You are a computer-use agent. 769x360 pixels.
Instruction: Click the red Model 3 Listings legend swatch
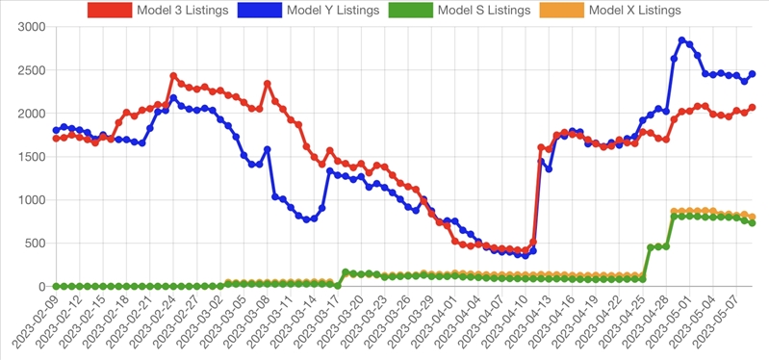click(110, 10)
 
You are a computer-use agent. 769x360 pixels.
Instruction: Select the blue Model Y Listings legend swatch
click(260, 10)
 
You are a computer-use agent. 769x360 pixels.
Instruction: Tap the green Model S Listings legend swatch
click(411, 10)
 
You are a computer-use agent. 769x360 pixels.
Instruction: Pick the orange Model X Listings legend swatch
click(562, 10)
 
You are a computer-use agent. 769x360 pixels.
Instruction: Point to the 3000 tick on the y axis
click(32, 27)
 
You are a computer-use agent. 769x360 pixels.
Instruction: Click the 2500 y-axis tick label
click(32, 70)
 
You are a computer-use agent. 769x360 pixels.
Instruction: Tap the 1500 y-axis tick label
click(32, 157)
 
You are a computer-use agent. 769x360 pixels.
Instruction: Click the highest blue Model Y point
click(681, 40)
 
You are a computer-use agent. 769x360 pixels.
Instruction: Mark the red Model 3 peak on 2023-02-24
click(173, 75)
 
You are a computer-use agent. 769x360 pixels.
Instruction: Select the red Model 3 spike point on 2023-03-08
click(268, 84)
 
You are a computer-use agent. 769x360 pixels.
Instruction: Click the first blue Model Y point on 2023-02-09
click(56, 130)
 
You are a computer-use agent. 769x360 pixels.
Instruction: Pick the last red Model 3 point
click(752, 107)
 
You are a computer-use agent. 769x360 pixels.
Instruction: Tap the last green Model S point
click(752, 222)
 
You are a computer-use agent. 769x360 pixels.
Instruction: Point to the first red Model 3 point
click(56, 139)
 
